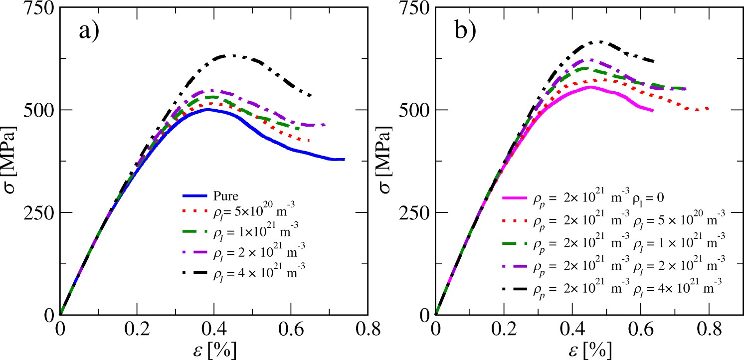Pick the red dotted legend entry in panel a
pos(239,216)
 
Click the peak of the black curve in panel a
pos(231,55)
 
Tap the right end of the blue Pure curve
pos(344,160)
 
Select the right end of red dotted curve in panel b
pos(709,108)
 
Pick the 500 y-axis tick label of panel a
pos(37,110)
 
